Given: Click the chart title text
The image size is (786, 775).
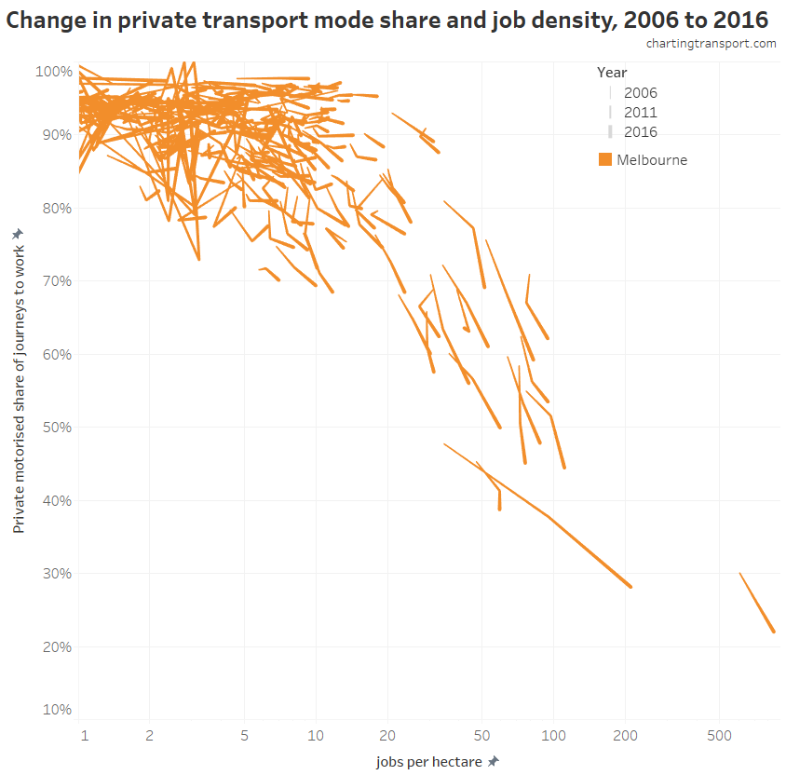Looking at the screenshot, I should [388, 20].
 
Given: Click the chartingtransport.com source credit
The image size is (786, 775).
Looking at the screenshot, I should [711, 44].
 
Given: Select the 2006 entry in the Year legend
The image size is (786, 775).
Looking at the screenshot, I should [640, 92].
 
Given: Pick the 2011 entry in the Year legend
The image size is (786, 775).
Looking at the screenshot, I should [640, 112].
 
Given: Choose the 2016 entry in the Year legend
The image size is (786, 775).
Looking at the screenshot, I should [640, 131].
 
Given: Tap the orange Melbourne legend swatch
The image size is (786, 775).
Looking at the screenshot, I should [605, 159].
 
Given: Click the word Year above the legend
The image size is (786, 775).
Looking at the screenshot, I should [612, 72].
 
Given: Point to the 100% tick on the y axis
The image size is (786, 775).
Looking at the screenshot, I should [53, 71].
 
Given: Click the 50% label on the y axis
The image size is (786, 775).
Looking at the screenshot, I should [55, 427].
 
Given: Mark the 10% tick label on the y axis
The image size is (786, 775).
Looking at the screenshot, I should [55, 709].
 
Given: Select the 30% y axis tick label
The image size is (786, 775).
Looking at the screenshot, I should [55, 573].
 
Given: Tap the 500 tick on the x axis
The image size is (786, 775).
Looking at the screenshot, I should [718, 736].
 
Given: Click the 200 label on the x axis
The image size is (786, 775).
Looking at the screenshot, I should [625, 736].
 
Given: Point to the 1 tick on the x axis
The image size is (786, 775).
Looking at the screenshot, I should [84, 736].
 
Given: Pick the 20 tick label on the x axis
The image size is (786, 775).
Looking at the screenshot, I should [387, 736].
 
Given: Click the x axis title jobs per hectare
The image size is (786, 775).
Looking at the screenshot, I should [429, 761].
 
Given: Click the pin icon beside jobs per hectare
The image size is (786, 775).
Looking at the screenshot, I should [493, 761].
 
